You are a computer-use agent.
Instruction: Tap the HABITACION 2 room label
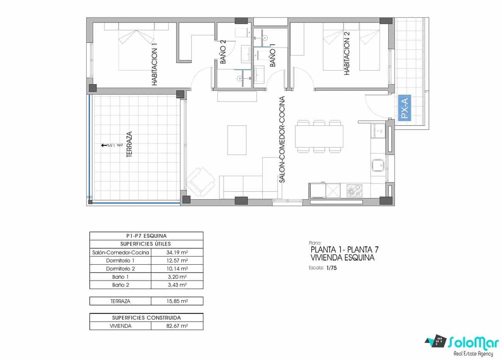[x=346, y=53]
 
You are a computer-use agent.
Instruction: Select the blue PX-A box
[x=404, y=109]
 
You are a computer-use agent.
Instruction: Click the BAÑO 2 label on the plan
[x=223, y=53]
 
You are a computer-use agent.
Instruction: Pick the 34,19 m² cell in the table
[x=176, y=252]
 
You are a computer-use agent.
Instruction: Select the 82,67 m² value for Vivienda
[x=176, y=326]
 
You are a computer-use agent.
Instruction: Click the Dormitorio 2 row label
[x=120, y=269]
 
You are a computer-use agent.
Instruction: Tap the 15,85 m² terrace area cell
[x=176, y=301]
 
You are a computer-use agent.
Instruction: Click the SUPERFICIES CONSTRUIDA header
[x=146, y=318]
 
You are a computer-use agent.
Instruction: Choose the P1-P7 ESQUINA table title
[x=146, y=236]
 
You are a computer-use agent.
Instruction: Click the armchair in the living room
[x=200, y=180]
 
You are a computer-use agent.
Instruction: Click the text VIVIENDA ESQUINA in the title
[x=343, y=258]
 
